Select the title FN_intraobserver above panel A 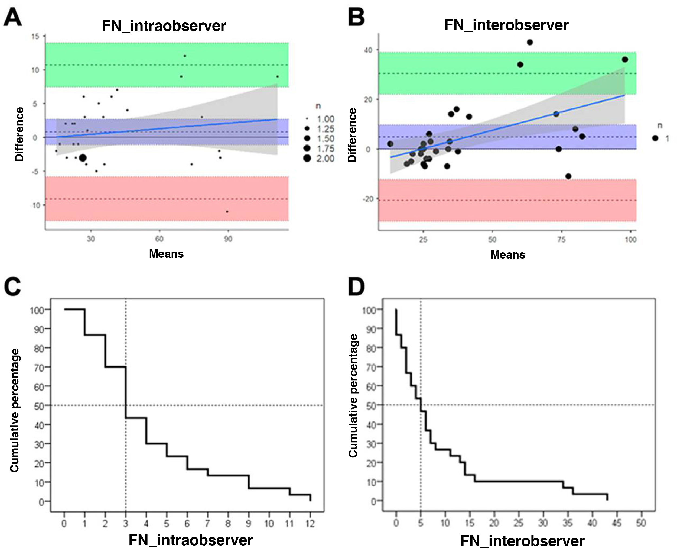[x=164, y=26]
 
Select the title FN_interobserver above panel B [x=506, y=25]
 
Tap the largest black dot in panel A [x=83, y=158]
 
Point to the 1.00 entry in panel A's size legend [x=325, y=119]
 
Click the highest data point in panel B [x=530, y=42]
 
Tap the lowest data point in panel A [x=227, y=211]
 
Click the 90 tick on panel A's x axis [x=228, y=239]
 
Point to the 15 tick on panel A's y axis [x=35, y=37]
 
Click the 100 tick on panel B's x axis [x=630, y=240]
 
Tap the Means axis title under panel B [x=507, y=254]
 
